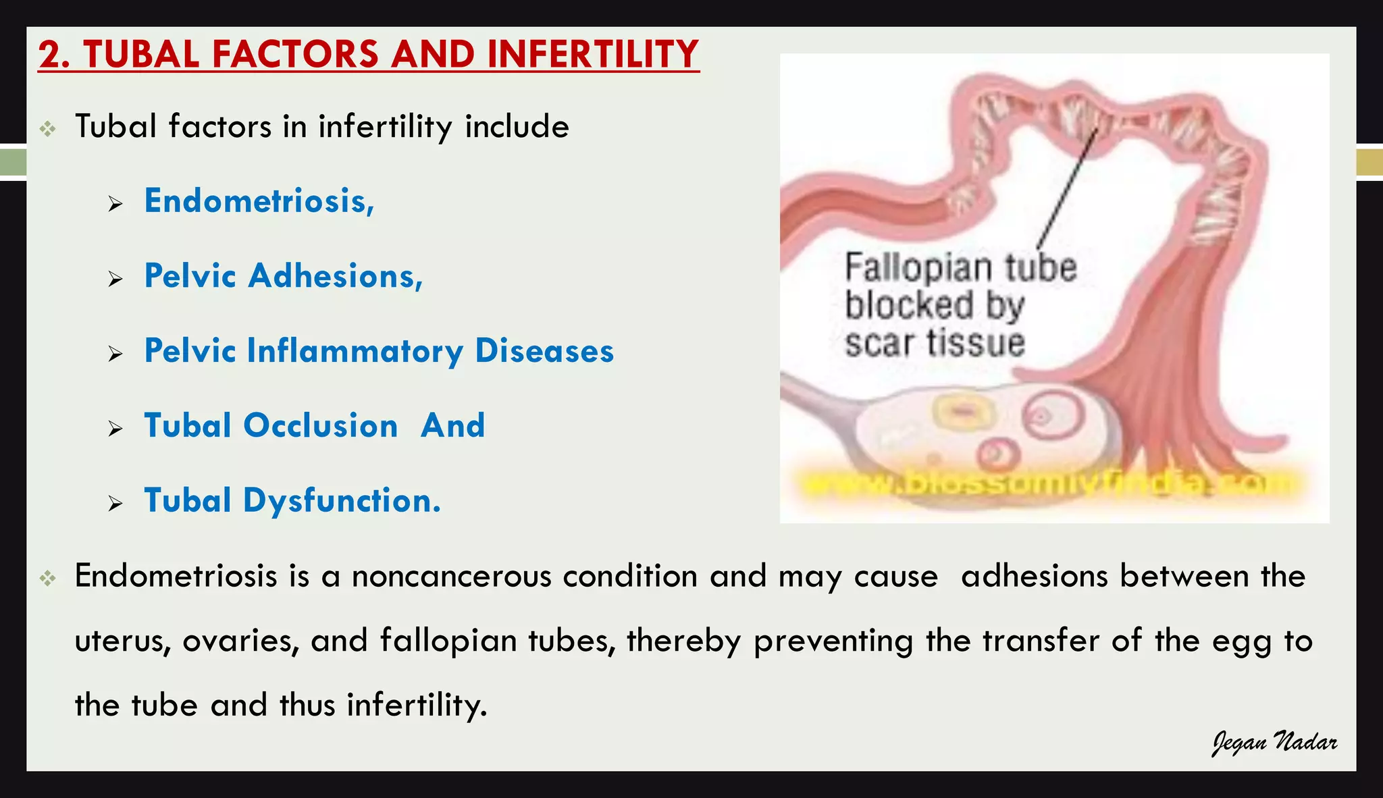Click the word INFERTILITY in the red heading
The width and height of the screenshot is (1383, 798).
coord(592,55)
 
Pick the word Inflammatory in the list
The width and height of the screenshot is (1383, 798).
coord(355,351)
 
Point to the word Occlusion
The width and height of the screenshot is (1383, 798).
coord(320,426)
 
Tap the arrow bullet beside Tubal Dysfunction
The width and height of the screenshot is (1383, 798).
coord(115,504)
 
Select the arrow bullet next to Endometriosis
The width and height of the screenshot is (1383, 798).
coord(115,204)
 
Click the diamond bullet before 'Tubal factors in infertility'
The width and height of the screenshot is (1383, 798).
coord(47,128)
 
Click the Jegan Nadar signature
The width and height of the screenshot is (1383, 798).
coord(1274,743)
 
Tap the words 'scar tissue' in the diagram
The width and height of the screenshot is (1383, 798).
coord(935,343)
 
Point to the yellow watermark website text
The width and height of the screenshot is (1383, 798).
coord(1047,483)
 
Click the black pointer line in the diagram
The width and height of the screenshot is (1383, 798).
coord(1067,189)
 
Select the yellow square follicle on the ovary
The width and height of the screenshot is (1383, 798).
coord(964,412)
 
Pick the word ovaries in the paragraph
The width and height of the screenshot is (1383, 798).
coord(240,641)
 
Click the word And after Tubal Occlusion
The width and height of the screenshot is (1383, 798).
coord(452,426)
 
